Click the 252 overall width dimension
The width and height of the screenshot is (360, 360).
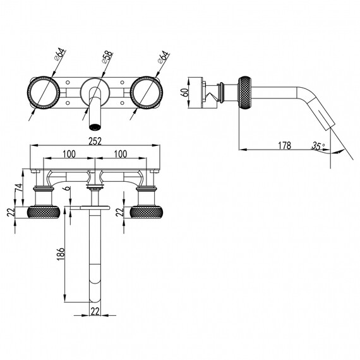point(95,141)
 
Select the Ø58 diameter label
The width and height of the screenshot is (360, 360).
point(107,57)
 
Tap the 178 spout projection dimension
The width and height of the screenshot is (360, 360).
point(284,145)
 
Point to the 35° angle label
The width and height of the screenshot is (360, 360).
point(318,146)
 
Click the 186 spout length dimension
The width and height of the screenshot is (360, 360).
point(61,254)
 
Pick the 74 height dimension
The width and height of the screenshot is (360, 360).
point(19,188)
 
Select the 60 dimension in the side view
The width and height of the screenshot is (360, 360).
point(184,92)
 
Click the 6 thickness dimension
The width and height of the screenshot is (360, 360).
point(67,188)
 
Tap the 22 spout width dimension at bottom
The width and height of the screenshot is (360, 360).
point(95,311)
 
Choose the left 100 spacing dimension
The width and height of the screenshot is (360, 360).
point(69,154)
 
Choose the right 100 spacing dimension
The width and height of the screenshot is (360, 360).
point(121,154)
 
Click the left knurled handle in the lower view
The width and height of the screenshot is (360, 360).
point(44,212)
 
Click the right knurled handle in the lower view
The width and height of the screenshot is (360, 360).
point(147,212)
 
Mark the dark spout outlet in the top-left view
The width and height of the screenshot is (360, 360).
point(95,127)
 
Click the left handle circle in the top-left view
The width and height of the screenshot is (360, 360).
point(44,92)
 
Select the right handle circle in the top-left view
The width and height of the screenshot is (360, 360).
point(147,92)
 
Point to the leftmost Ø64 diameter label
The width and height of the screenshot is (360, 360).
point(60,54)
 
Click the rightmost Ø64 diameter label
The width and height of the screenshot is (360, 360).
point(164,57)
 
